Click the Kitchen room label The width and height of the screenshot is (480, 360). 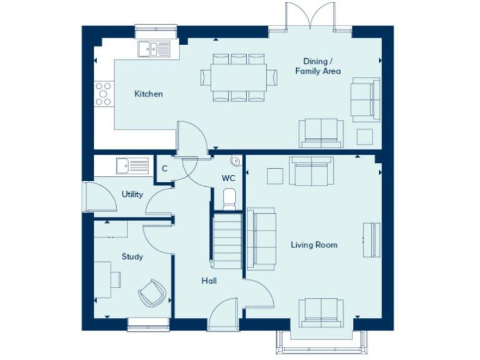pyautogui.click(x=149, y=94)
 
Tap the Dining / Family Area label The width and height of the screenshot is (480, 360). pyautogui.click(x=317, y=66)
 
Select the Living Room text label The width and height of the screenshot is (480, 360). pyautogui.click(x=314, y=244)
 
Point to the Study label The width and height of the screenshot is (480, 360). pyautogui.click(x=132, y=256)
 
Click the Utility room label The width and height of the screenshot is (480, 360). pyautogui.click(x=132, y=194)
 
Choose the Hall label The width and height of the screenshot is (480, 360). pyautogui.click(x=209, y=281)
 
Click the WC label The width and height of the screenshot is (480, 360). pyautogui.click(x=228, y=178)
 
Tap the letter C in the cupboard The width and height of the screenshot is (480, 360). pyautogui.click(x=164, y=168)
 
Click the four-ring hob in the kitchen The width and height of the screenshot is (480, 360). pyautogui.click(x=103, y=94)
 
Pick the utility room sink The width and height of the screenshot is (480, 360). pyautogui.click(x=132, y=166)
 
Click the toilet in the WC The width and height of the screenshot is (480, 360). pyautogui.click(x=229, y=198)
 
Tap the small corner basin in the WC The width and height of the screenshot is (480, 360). pyautogui.click(x=236, y=162)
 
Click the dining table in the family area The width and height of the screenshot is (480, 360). pyautogui.click(x=239, y=77)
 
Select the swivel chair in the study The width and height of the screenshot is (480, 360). pyautogui.click(x=152, y=292)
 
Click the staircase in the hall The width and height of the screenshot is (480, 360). pyautogui.click(x=227, y=241)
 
